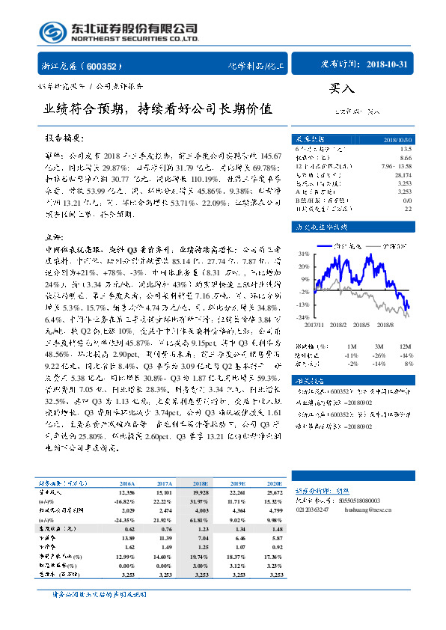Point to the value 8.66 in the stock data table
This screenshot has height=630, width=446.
tap(406, 157)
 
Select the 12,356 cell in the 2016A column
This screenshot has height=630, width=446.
tap(125, 493)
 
